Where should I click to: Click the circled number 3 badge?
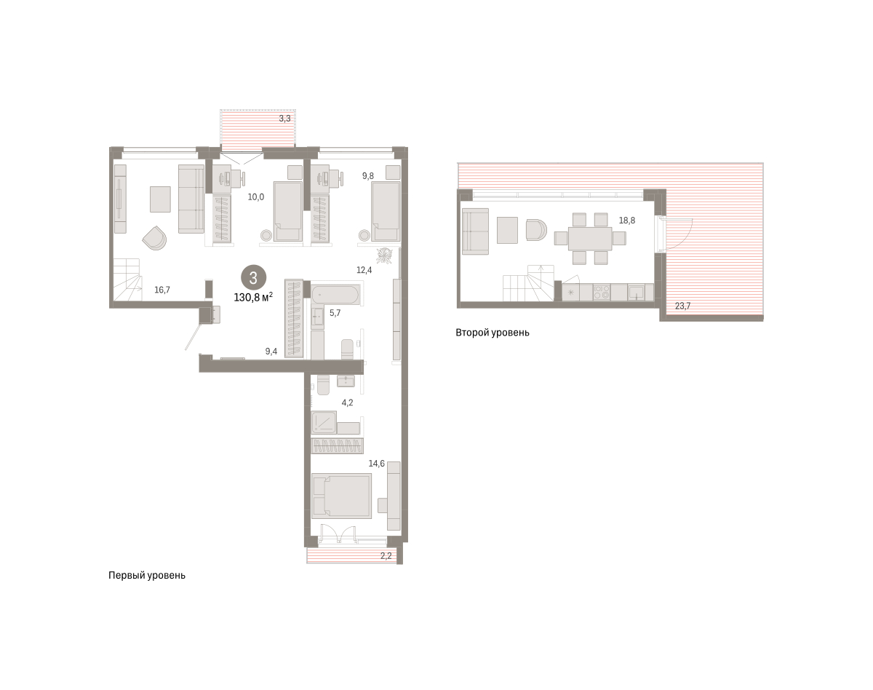point(254,278)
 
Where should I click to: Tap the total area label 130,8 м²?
point(253,297)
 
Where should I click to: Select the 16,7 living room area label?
point(162,290)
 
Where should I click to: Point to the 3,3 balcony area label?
point(284,119)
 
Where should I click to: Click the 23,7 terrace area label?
point(682,306)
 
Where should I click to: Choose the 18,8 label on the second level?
point(627,221)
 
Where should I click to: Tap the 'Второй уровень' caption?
point(493,333)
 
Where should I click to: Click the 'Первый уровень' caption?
point(147,575)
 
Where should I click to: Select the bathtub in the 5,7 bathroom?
point(335,294)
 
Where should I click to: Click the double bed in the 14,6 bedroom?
point(342,496)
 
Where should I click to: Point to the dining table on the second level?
point(590,239)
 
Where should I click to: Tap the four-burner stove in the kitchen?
point(602,293)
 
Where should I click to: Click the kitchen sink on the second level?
point(636,293)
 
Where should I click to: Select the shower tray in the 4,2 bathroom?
point(324,423)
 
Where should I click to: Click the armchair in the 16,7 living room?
point(154,238)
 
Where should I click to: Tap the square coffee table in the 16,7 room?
point(160,199)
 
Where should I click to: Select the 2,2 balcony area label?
point(386,555)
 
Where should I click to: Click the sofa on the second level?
point(476,231)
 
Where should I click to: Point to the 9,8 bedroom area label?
point(368,175)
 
